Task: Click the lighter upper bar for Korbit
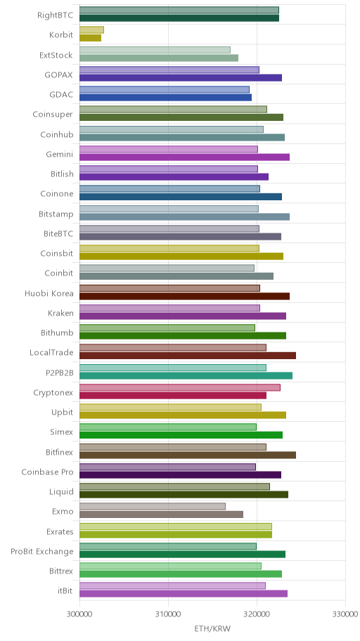tap(91, 30)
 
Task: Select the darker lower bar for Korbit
tap(91, 38)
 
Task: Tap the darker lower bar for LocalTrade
tap(188, 356)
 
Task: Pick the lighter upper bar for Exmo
tap(153, 507)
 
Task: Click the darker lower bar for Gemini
tap(184, 157)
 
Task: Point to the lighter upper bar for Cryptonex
tap(180, 387)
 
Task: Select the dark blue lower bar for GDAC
tap(166, 97)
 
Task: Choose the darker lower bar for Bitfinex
tap(188, 455)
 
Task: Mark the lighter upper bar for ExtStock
tap(155, 50)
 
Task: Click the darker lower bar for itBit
tap(184, 594)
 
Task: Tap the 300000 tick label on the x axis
tap(79, 614)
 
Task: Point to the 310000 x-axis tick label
tap(168, 614)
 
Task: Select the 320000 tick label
tap(257, 614)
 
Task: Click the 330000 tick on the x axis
tap(346, 614)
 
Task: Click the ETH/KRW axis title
tap(212, 629)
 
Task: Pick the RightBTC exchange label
tap(56, 15)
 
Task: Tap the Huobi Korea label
tap(49, 294)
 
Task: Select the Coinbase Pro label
tap(47, 472)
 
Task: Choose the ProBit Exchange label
tap(42, 552)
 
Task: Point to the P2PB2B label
tap(60, 373)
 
